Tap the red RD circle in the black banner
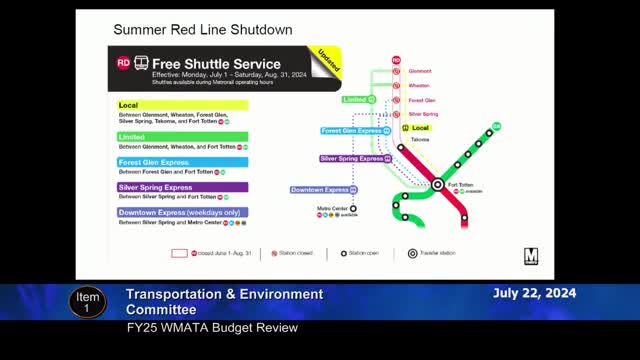123,62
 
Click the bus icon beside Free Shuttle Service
141,62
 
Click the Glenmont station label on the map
420,71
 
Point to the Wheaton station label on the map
419,86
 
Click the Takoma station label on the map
420,140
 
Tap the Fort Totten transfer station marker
437,185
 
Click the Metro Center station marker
353,209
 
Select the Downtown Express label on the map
320,190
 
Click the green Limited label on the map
355,100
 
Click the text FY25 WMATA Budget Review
211,328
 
